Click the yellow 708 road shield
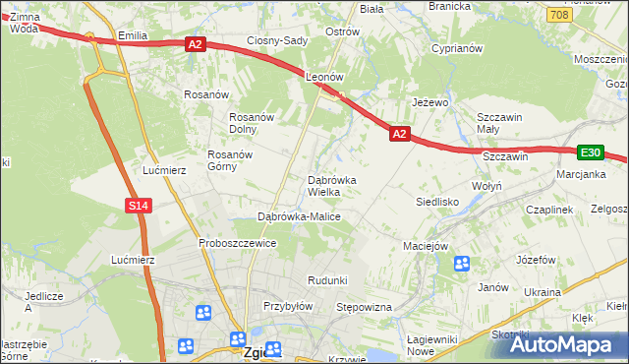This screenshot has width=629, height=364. tap(559, 15)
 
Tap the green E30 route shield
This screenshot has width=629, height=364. tap(590, 152)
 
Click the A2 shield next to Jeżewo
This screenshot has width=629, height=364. tap(399, 132)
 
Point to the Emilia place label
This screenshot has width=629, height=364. tap(132, 35)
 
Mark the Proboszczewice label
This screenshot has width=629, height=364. tap(236, 243)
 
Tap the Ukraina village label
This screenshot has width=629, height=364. tap(542, 292)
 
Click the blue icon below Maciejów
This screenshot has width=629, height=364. tap(461, 264)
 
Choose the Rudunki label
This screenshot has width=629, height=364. tap(327, 280)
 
